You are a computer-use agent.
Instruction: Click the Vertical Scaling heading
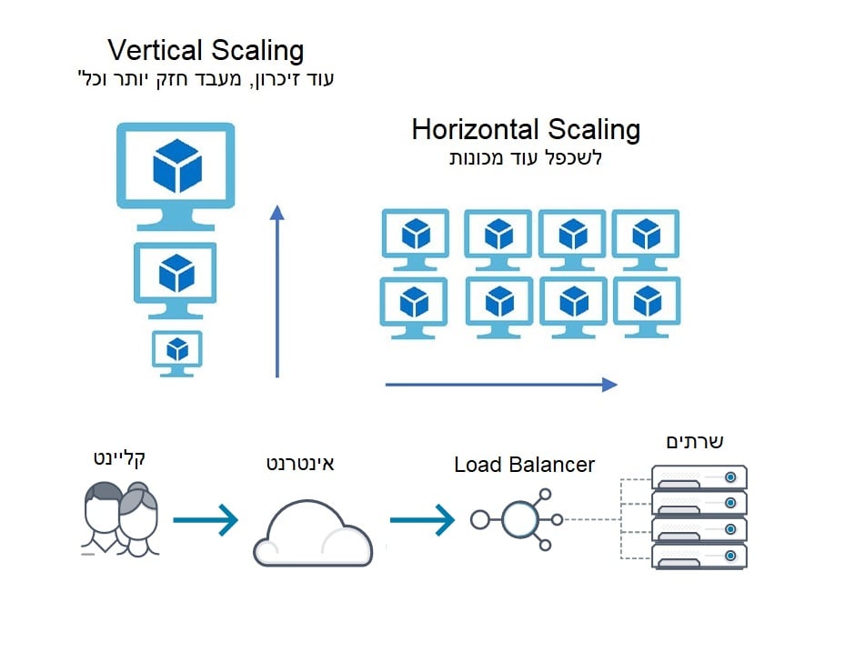[206, 49]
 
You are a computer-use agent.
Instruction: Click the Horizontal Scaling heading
[526, 129]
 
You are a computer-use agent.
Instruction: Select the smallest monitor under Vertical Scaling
[176, 351]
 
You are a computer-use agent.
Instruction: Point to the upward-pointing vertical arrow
[277, 291]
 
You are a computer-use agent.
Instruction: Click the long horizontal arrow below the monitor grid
[500, 385]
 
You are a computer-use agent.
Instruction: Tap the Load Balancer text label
[524, 466]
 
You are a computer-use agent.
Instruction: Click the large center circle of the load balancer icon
[519, 520]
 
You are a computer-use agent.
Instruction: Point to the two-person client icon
[119, 519]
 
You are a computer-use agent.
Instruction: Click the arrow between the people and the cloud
[205, 520]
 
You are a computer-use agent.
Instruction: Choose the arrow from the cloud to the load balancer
[422, 520]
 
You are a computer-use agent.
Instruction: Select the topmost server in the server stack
[699, 476]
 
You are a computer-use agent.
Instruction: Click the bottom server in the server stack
[699, 556]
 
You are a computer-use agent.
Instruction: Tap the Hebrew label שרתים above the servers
[696, 442]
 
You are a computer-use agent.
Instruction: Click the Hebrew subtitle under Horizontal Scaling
[526, 157]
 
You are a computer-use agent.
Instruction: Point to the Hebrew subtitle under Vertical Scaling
[206, 78]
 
